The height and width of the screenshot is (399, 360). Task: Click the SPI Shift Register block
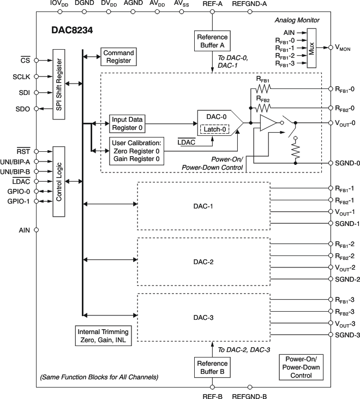pyautogui.click(x=59, y=84)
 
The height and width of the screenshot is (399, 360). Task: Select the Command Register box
pyautogui.click(x=117, y=56)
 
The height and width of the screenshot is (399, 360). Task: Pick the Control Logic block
pyautogui.click(x=59, y=181)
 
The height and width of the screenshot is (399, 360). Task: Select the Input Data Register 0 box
pyautogui.click(x=128, y=123)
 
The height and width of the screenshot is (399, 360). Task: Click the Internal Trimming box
pyautogui.click(x=103, y=335)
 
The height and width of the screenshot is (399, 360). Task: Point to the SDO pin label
pyautogui.click(x=22, y=109)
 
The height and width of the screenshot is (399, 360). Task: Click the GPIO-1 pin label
pyautogui.click(x=20, y=201)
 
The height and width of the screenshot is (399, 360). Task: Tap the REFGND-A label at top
pyautogui.click(x=249, y=4)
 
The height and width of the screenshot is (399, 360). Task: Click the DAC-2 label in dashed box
pyautogui.click(x=203, y=262)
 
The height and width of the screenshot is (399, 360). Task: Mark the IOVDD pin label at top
pyautogui.click(x=59, y=4)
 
